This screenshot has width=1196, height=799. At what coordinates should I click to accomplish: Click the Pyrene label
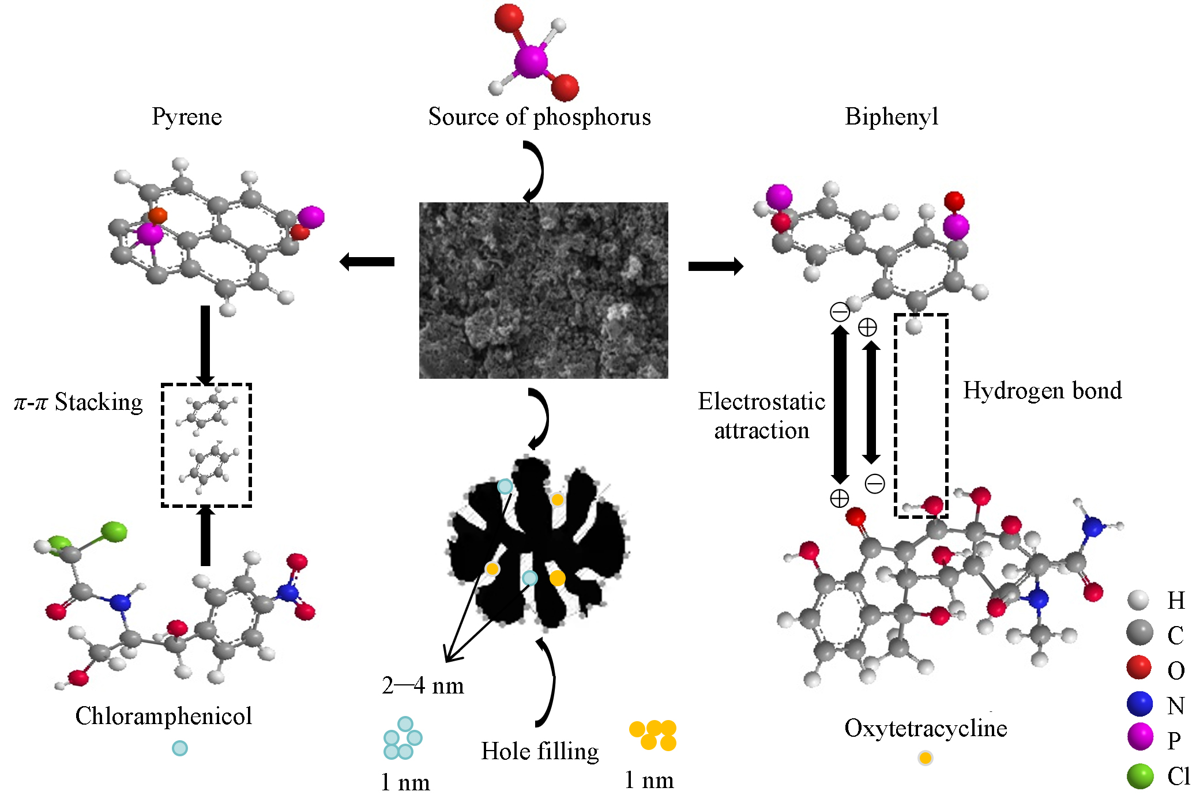(x=187, y=117)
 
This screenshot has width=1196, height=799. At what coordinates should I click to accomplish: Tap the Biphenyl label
(x=892, y=117)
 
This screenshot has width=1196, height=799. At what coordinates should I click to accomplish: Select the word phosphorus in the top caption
(x=592, y=117)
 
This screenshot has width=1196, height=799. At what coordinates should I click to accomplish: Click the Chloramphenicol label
(x=164, y=716)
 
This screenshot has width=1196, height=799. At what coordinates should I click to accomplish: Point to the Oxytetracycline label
(x=926, y=728)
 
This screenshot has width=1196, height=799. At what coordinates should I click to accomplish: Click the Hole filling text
(x=540, y=751)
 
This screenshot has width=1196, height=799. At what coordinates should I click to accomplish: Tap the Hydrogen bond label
(x=1042, y=391)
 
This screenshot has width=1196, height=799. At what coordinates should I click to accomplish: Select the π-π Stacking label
(x=78, y=402)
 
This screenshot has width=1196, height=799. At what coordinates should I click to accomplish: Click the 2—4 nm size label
(x=423, y=686)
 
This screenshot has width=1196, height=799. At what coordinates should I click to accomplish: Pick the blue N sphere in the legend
(x=1139, y=704)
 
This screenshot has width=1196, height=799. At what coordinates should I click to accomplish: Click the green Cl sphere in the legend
(x=1140, y=776)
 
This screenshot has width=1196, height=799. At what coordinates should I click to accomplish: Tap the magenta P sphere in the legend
(x=1140, y=737)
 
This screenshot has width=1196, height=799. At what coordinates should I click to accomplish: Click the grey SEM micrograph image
(x=543, y=290)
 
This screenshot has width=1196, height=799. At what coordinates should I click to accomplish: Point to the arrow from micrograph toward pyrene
(x=367, y=262)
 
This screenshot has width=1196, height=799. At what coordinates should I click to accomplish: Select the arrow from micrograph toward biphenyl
(x=716, y=266)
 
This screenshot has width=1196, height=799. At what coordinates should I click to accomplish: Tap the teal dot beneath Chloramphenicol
(x=180, y=748)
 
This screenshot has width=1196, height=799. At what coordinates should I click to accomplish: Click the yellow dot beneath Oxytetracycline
(x=925, y=758)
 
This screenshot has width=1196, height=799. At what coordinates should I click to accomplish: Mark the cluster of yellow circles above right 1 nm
(x=653, y=735)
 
